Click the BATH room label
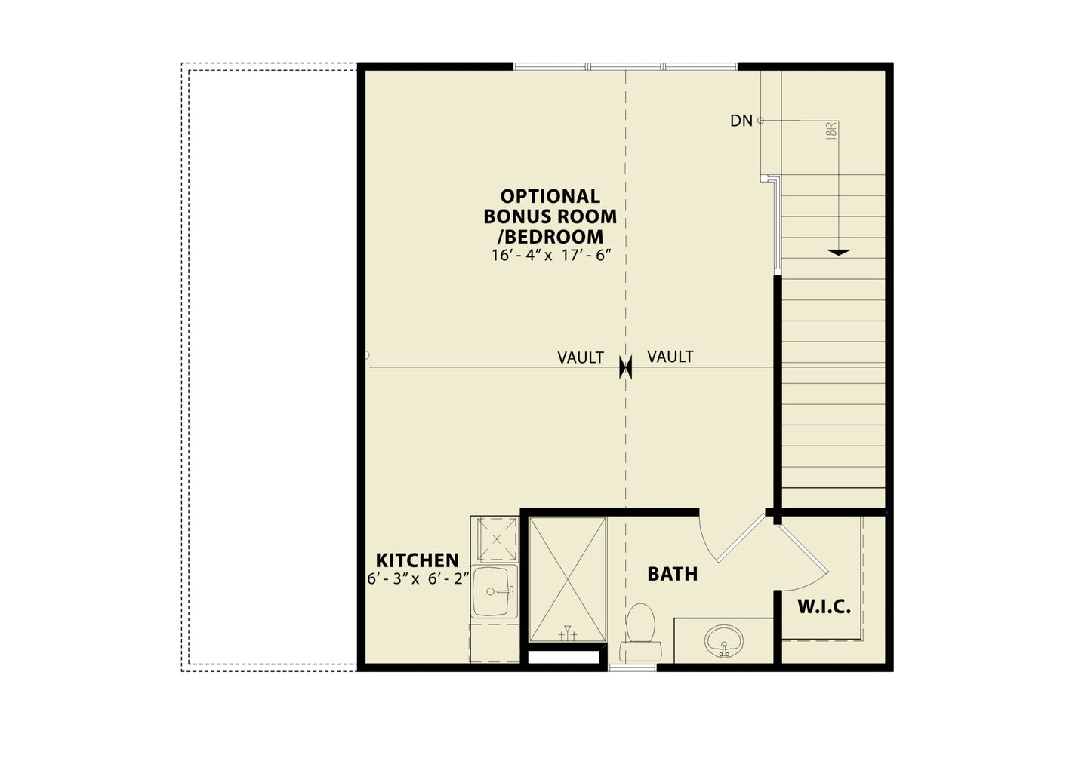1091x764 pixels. [672, 574]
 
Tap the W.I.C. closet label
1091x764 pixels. [824, 607]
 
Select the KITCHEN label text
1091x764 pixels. [418, 560]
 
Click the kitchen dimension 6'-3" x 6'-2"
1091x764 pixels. [418, 579]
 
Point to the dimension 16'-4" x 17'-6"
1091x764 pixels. [551, 256]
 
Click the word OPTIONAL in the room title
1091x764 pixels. [550, 196]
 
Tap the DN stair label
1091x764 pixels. [741, 121]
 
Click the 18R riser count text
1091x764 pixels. [831, 131]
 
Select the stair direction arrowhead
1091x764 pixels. [838, 253]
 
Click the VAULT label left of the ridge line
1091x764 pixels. [581, 358]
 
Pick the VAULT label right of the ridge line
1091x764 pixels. [670, 357]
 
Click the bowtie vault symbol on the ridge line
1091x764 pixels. [625, 367]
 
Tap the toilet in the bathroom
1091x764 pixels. [640, 633]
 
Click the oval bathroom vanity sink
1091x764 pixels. [724, 641]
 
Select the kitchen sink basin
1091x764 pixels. [495, 591]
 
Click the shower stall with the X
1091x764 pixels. [568, 579]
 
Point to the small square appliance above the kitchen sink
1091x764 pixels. [497, 539]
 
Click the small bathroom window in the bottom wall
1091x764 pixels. [632, 667]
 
